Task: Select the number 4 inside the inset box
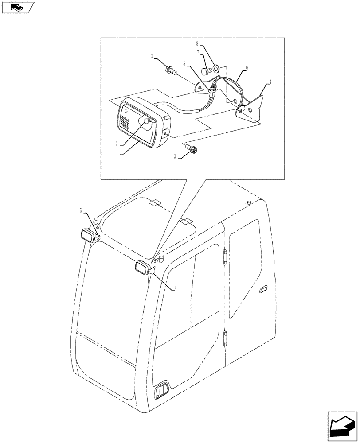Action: pyautogui.click(x=269, y=82)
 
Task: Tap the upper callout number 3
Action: pyautogui.click(x=152, y=56)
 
